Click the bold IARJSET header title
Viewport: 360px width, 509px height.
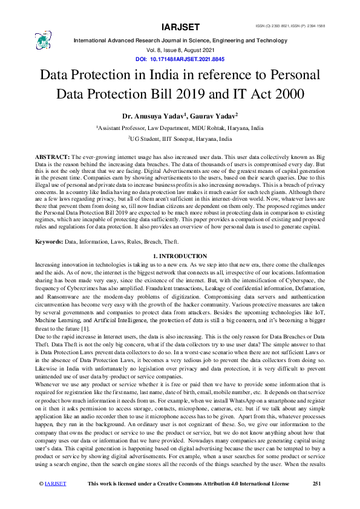[x=180, y=27]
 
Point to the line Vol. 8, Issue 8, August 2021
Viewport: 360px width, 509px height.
[x=180, y=51]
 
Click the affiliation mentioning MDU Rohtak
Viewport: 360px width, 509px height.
[x=180, y=128]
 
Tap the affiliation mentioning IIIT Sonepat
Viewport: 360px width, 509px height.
[x=180, y=138]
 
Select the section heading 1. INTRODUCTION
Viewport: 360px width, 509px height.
[x=180, y=256]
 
